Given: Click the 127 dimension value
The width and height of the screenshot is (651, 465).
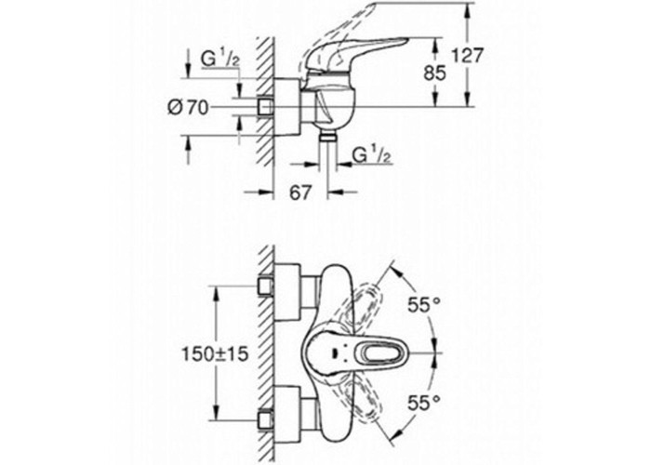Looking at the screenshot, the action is point(468,55).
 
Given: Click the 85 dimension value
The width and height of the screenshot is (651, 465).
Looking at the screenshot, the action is point(434,73).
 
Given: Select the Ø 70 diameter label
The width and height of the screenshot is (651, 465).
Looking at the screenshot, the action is point(188,109).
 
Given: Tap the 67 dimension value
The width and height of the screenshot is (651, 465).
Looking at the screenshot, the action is point(300,193).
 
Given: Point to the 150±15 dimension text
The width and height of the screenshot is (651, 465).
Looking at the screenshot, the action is point(215,353).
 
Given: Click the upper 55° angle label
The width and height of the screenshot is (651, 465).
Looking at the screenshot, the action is point(424,305).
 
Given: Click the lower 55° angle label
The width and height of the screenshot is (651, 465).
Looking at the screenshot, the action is point(423,403).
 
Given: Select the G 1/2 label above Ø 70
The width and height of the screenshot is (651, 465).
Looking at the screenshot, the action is point(220,59).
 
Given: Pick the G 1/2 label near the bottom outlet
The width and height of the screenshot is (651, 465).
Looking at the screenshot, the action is point(372,155).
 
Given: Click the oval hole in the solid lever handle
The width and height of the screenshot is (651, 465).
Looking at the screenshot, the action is point(383,353).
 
